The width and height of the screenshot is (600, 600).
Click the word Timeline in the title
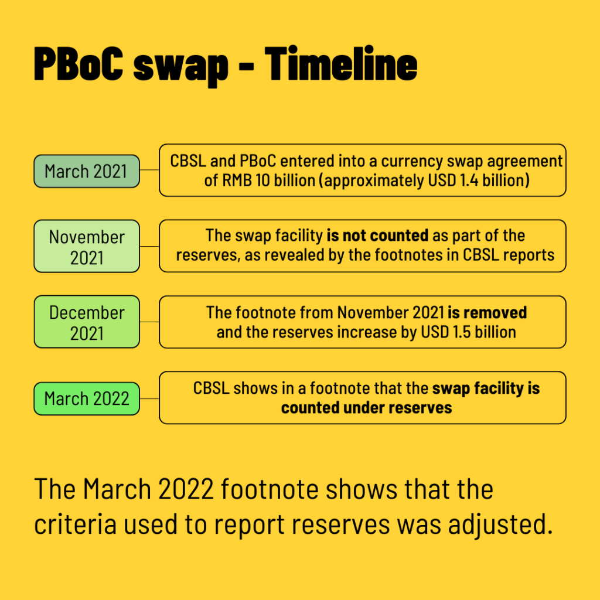(x=340, y=63)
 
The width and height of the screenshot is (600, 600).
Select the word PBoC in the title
(x=79, y=63)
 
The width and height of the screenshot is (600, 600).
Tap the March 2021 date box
(x=87, y=171)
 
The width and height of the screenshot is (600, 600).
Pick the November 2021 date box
(x=87, y=246)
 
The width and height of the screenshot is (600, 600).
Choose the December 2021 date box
(x=87, y=322)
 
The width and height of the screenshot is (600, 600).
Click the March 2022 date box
(x=87, y=398)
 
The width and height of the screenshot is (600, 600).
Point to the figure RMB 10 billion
(x=268, y=180)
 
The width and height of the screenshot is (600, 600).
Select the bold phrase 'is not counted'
(x=377, y=236)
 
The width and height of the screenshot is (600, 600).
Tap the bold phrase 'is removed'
(x=487, y=313)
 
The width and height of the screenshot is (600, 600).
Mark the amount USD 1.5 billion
(x=468, y=332)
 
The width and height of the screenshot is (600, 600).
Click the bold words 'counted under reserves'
(x=367, y=408)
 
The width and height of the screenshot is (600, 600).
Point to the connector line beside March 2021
(x=149, y=169)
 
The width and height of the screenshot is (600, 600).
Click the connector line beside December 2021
(x=149, y=322)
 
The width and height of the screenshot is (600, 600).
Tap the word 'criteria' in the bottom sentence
(x=76, y=524)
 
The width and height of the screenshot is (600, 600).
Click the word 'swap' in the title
(x=180, y=68)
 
